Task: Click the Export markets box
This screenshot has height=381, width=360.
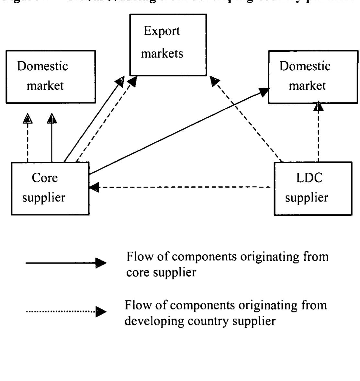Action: click(x=168, y=45)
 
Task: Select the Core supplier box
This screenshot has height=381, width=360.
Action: click(x=50, y=189)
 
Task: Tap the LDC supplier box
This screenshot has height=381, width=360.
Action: click(x=313, y=189)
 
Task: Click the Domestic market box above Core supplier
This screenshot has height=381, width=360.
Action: click(x=51, y=77)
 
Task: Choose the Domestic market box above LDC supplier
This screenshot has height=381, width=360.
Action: click(x=313, y=77)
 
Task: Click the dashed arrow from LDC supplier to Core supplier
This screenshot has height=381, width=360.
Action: click(x=181, y=187)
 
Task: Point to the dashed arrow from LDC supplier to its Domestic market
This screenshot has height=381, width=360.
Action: click(x=319, y=133)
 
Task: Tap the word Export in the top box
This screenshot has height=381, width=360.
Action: click(x=162, y=31)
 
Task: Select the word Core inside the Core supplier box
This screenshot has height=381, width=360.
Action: click(x=45, y=178)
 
